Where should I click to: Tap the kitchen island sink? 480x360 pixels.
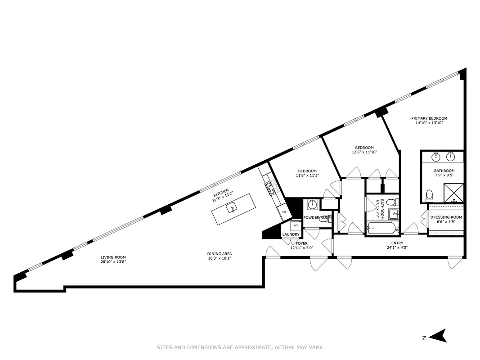click(232, 208)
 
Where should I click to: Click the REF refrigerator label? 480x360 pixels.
click(284, 211)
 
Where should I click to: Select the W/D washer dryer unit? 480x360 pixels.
click(296, 225)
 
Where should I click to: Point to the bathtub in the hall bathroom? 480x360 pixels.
click(382, 229)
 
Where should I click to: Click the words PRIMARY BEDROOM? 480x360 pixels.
click(429, 118)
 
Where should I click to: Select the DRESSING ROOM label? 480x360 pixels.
click(446, 217)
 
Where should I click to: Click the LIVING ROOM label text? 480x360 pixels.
click(113, 257)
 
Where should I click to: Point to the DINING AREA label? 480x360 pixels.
click(220, 254)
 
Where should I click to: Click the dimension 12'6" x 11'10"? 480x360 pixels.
click(364, 152)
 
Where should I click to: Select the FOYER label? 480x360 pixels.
click(301, 243)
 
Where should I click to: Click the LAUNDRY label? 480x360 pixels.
click(291, 234)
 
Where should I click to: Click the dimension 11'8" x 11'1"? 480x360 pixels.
click(307, 175)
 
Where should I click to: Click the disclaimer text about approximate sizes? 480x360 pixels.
click(240, 347)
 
